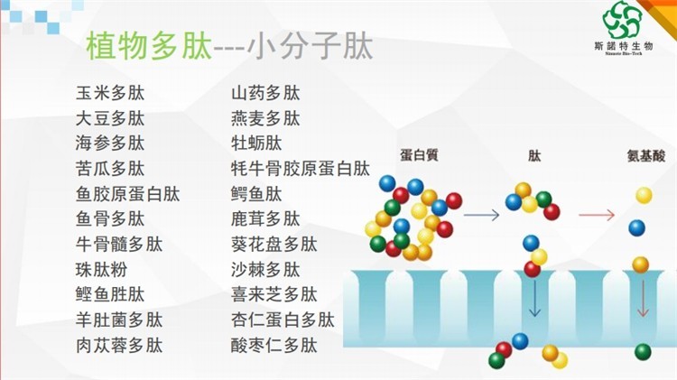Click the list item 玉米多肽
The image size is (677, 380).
pos(110,93)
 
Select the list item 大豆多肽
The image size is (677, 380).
pos(110,118)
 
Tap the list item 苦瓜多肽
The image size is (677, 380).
pos(110,169)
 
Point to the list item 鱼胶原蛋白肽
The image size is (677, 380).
pos(128,194)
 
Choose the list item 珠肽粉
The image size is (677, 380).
pos(101,270)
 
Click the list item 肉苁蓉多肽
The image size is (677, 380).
pos(119,346)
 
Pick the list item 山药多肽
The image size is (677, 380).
pos(265,93)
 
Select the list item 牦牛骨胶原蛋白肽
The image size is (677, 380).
pos(301,169)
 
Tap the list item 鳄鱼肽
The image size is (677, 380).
pos(256,194)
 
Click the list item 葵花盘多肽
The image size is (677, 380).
pos(274,245)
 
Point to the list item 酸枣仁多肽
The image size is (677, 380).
pos(274,346)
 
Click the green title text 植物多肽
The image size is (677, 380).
pos(149,46)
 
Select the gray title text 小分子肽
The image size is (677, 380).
pos(310,46)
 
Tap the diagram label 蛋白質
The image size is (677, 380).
pos(419,154)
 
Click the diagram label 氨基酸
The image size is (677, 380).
pos(646,155)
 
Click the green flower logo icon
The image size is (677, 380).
pos(622,20)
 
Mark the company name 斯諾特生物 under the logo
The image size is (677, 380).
pos(624,46)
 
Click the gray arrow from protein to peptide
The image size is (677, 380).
pos(481,215)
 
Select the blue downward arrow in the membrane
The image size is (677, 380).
pos(534,299)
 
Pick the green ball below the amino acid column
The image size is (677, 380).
pos(643,352)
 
